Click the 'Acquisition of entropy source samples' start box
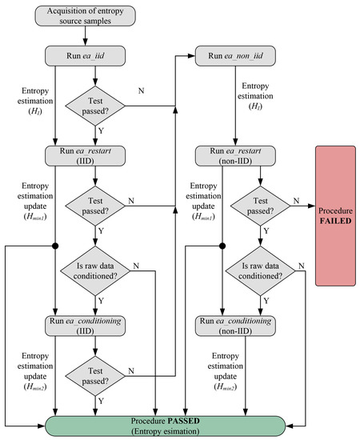pyautogui.click(x=96, y=16)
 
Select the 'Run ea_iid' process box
pyautogui.click(x=96, y=57)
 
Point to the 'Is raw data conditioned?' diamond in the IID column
pyautogui.click(x=95, y=271)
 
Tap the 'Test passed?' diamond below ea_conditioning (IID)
pyautogui.click(x=95, y=372)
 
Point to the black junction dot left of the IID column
pyautogui.click(x=54, y=246)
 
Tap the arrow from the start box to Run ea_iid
pyautogui.click(x=96, y=38)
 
